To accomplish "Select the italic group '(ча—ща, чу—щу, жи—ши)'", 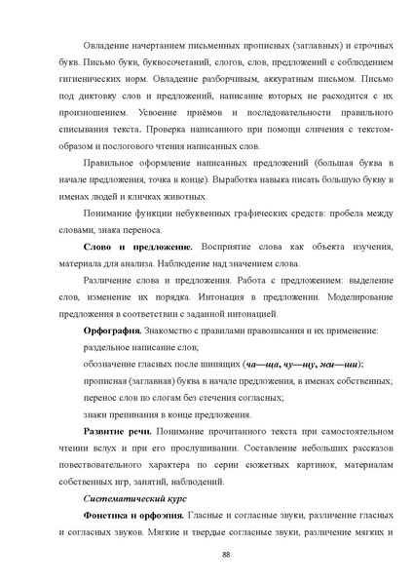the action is coord(296,363).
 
